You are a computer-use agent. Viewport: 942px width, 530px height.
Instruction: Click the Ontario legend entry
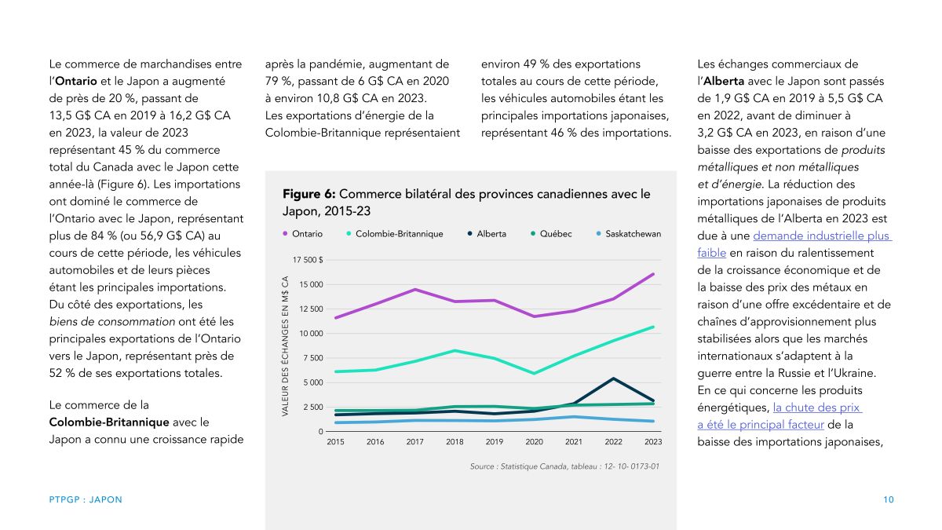pyautogui.click(x=303, y=234)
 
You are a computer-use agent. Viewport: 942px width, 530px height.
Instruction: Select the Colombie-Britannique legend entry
pyautogui.click(x=394, y=234)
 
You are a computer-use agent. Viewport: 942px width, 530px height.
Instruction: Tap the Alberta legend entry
pyautogui.click(x=487, y=234)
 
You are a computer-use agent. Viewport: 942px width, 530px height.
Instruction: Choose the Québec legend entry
pyautogui.click(x=551, y=234)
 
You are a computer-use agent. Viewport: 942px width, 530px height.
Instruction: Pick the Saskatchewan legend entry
pyautogui.click(x=629, y=234)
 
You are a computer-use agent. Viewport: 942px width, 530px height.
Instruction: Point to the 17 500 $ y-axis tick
pyautogui.click(x=308, y=260)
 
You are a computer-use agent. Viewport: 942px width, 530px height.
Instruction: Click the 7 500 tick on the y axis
pyautogui.click(x=311, y=358)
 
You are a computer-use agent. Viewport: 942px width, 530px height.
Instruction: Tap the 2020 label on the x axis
pyautogui.click(x=534, y=441)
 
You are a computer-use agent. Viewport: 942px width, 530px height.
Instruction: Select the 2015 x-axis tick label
pyautogui.click(x=335, y=441)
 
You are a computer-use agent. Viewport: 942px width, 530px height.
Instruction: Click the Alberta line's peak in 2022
pyautogui.click(x=614, y=378)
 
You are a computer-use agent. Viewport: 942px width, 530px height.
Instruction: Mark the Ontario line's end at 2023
pyautogui.click(x=653, y=274)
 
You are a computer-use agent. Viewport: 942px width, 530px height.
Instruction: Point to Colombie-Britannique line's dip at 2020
pyautogui.click(x=534, y=373)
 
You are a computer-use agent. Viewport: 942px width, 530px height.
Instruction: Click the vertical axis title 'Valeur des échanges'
pyautogui.click(x=285, y=346)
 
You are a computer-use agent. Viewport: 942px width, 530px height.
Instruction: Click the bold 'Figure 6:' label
pyautogui.click(x=309, y=194)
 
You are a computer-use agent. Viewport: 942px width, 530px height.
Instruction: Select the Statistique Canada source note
pyautogui.click(x=564, y=466)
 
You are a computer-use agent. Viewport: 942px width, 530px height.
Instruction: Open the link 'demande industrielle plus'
pyautogui.click(x=821, y=236)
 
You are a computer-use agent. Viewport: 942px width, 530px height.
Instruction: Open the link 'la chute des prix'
pyautogui.click(x=816, y=408)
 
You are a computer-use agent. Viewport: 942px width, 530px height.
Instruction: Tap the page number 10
pyautogui.click(x=888, y=499)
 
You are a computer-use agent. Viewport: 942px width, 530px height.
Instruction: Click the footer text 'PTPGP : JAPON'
pyautogui.click(x=86, y=499)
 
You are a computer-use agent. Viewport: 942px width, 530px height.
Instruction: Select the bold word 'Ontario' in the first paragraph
pyautogui.click(x=76, y=81)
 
